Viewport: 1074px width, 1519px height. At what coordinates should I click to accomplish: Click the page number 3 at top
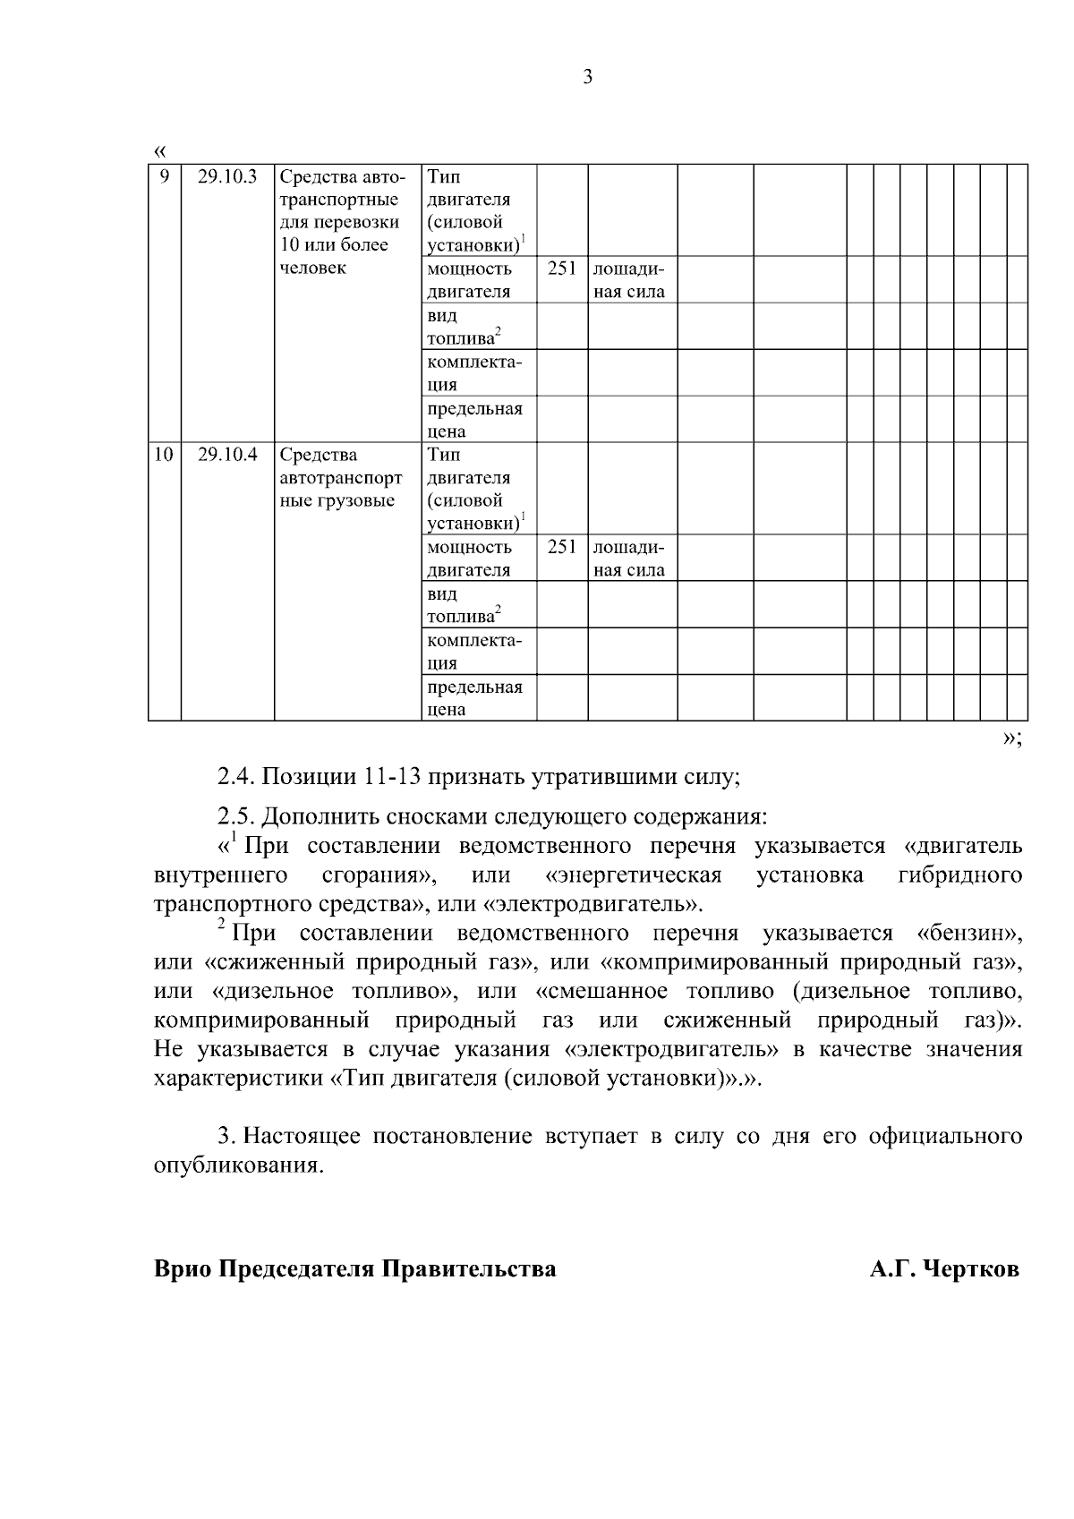point(587,77)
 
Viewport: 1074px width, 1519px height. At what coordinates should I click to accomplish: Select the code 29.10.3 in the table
point(227,176)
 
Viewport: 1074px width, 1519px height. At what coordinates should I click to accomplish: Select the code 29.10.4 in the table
point(227,455)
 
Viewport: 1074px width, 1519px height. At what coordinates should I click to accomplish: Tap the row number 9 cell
point(164,176)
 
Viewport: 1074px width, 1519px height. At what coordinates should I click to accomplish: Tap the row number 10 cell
point(163,455)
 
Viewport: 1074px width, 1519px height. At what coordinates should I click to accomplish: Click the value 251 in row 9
point(561,269)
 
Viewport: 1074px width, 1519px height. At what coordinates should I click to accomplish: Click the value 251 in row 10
point(561,547)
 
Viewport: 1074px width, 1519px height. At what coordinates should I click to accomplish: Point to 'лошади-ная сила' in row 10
point(629,559)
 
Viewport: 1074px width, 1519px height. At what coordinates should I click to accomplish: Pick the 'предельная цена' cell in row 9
point(474,420)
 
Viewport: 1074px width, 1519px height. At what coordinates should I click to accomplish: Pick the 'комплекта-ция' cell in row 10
point(474,652)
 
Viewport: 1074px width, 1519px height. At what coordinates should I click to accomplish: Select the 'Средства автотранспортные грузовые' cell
point(340,478)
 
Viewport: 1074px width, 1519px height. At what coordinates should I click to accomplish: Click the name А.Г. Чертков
point(944,1269)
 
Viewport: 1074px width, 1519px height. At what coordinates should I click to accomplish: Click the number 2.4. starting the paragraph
point(236,777)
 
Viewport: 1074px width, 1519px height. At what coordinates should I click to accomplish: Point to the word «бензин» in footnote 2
point(969,934)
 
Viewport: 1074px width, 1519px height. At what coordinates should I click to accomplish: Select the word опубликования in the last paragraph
point(236,1166)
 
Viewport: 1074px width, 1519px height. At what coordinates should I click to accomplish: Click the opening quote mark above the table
point(159,149)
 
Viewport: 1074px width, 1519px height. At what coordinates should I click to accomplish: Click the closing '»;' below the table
point(1011,738)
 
